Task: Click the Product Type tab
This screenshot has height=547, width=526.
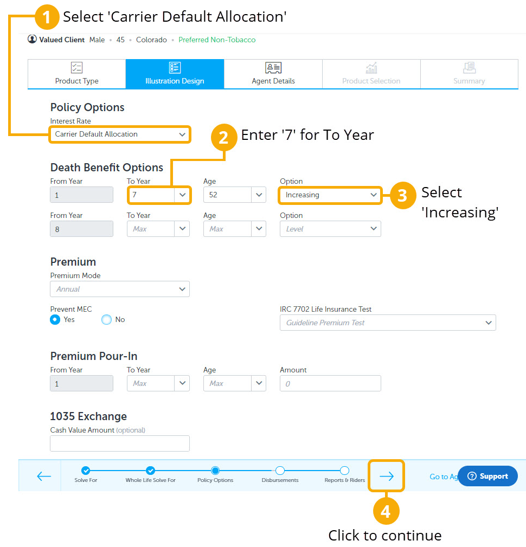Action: click(76, 74)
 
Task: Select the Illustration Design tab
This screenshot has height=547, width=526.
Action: click(175, 74)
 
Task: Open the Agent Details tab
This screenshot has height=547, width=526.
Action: click(273, 74)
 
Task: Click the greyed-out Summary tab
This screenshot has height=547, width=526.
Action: click(469, 74)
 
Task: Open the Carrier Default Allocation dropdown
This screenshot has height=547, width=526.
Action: click(119, 134)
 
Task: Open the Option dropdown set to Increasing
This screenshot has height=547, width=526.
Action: click(330, 195)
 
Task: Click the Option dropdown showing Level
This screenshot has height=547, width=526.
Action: click(330, 229)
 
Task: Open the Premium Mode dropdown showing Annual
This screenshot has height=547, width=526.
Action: click(119, 289)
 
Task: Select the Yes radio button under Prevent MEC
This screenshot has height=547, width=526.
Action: click(55, 320)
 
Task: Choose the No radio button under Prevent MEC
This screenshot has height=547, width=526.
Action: click(106, 320)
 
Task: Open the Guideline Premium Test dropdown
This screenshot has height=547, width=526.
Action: click(387, 323)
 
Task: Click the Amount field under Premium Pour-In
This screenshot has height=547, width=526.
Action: click(330, 383)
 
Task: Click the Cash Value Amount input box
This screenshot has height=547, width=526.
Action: click(119, 443)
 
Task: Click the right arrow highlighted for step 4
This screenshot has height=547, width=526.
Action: click(386, 476)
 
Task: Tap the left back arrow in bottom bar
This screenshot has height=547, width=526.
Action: click(44, 476)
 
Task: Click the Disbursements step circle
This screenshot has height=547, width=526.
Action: click(280, 471)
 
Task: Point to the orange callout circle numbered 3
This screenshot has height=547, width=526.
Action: click(402, 195)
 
